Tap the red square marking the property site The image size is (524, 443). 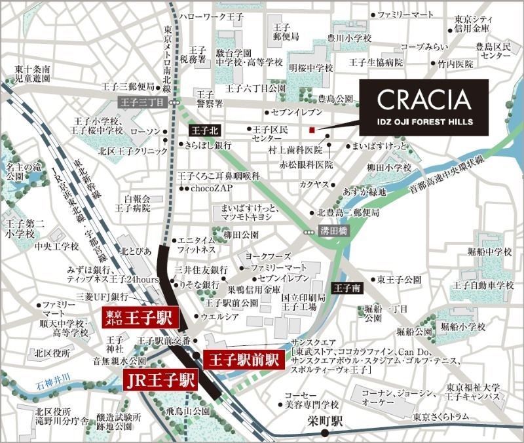click(313, 129)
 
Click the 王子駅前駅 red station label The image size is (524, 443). click(243, 358)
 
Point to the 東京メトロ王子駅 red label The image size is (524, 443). click(139, 319)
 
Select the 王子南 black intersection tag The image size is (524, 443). click(345, 288)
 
